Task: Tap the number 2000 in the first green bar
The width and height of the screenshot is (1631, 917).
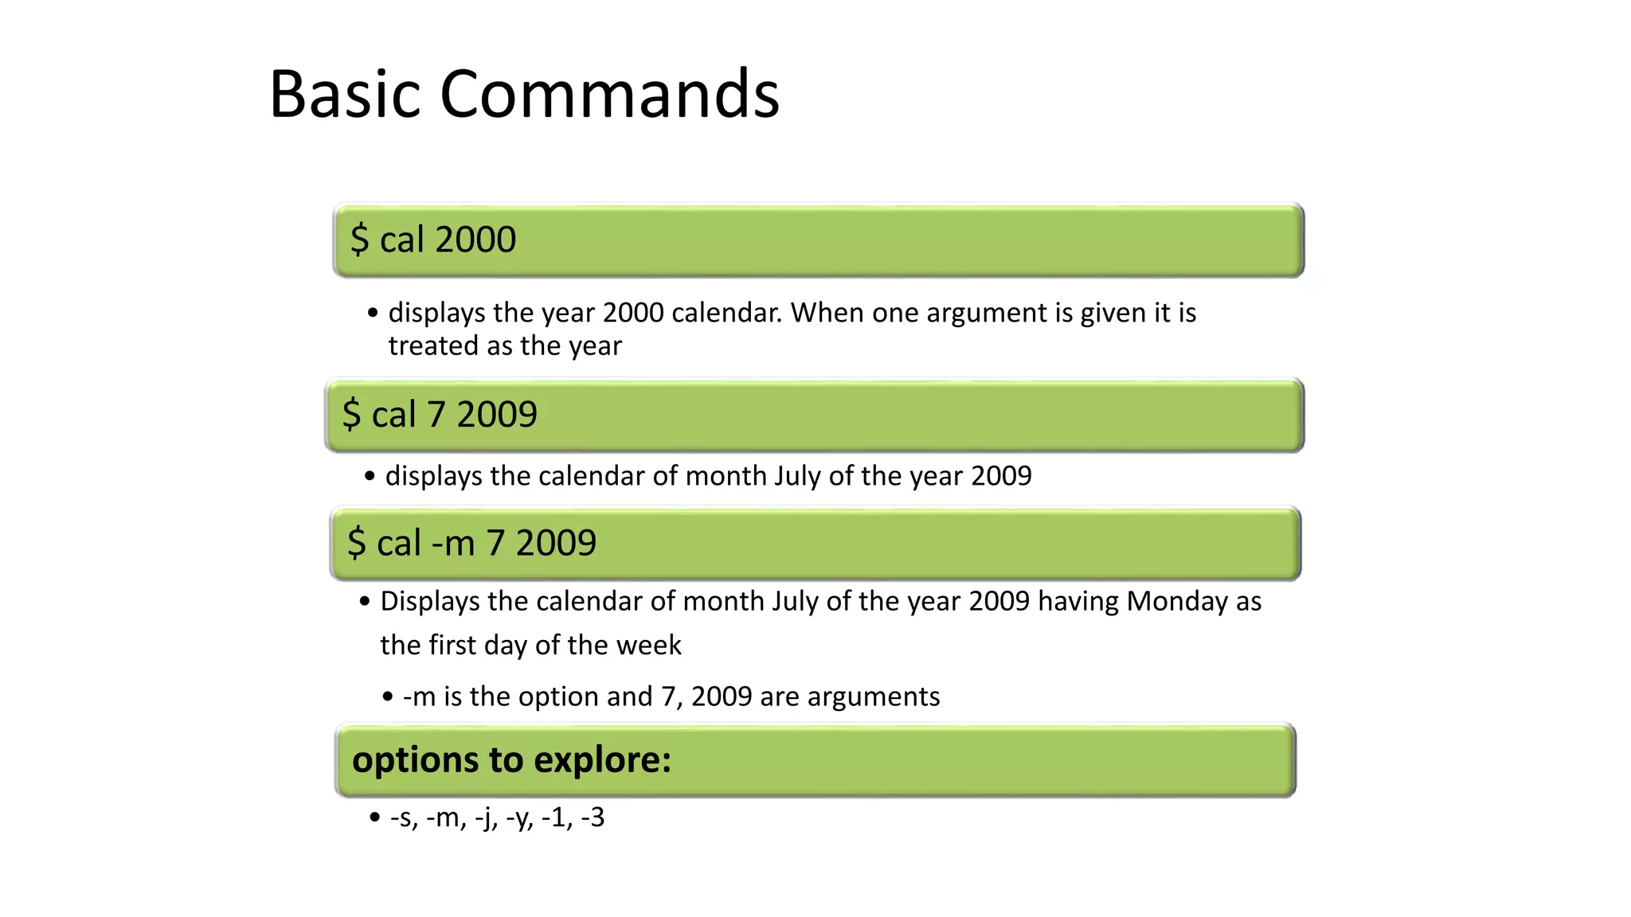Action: click(x=475, y=240)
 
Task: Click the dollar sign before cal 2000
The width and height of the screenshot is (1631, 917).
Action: click(x=359, y=240)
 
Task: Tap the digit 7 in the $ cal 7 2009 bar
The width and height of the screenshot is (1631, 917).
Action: click(x=436, y=415)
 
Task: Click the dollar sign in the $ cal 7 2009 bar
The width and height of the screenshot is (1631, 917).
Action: click(x=351, y=415)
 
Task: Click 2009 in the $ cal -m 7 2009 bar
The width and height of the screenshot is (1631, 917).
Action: click(x=556, y=544)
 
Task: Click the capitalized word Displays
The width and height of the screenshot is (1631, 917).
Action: click(x=430, y=601)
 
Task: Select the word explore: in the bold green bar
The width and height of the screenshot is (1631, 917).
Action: click(x=602, y=759)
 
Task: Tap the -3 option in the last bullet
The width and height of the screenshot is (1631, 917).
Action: click(x=593, y=817)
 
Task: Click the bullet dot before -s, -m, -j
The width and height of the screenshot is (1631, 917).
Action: click(x=375, y=818)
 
